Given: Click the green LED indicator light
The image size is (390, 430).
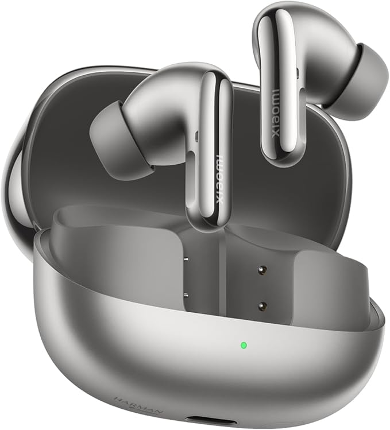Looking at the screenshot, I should [x=244, y=346].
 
